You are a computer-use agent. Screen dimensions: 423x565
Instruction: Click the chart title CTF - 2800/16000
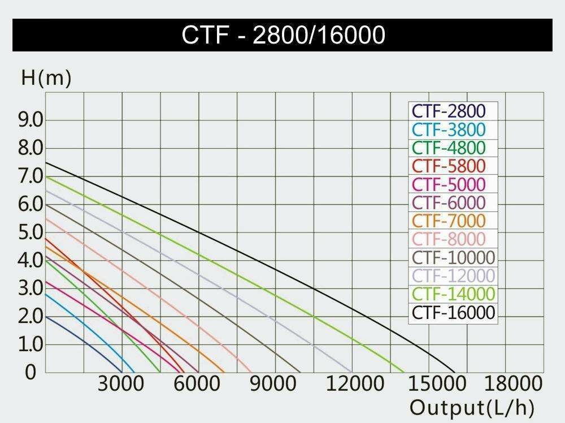coord(283,35)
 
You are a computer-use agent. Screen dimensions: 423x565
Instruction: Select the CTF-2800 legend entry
coord(447,111)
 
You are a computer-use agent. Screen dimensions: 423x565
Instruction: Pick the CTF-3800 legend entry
coord(448,130)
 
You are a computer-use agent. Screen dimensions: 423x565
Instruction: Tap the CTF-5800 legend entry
coord(449,166)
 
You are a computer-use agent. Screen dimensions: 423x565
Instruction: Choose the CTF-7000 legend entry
coord(449,221)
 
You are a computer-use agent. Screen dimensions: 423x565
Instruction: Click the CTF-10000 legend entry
coord(453,257)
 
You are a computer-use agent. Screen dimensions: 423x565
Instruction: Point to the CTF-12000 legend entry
coord(453,275)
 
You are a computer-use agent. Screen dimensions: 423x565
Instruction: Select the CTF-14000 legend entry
coord(453,294)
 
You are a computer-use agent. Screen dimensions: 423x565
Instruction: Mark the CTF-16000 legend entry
coord(453,312)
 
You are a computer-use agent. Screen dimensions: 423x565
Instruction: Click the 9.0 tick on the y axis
coord(31,120)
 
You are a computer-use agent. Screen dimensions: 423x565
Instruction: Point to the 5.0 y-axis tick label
coord(31,232)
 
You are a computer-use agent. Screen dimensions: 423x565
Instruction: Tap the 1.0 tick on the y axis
coord(31,344)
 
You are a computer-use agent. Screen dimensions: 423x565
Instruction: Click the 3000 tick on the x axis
coord(120,385)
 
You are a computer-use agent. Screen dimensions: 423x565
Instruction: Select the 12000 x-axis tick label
coord(355,385)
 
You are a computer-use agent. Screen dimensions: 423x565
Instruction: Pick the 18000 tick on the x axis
coord(513,385)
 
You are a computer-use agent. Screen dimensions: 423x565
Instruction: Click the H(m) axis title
coord(46,79)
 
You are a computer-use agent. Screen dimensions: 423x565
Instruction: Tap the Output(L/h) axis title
coord(472,407)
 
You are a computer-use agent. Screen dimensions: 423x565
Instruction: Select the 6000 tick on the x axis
coord(197,385)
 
